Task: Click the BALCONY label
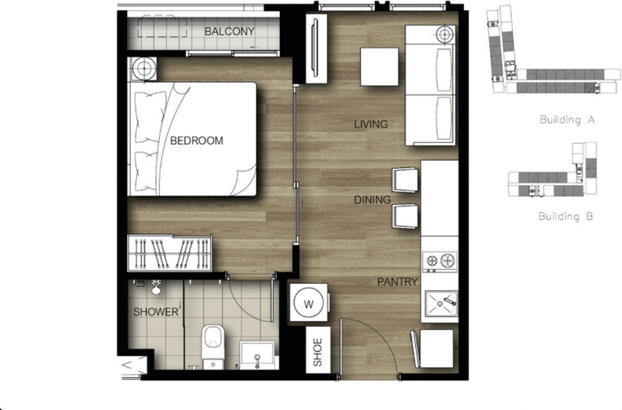click(229, 31)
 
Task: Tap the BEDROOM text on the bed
click(197, 141)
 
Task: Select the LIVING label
click(371, 124)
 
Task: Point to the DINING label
click(372, 200)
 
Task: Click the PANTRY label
click(397, 282)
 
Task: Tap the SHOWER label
click(156, 312)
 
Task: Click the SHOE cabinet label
click(318, 352)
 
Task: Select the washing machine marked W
click(309, 303)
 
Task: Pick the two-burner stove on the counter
click(440, 262)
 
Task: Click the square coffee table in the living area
click(379, 67)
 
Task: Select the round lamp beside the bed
click(144, 69)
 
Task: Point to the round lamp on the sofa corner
click(445, 35)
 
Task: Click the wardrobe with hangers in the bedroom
click(170, 253)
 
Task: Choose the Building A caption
click(567, 119)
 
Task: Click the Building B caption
click(566, 216)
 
